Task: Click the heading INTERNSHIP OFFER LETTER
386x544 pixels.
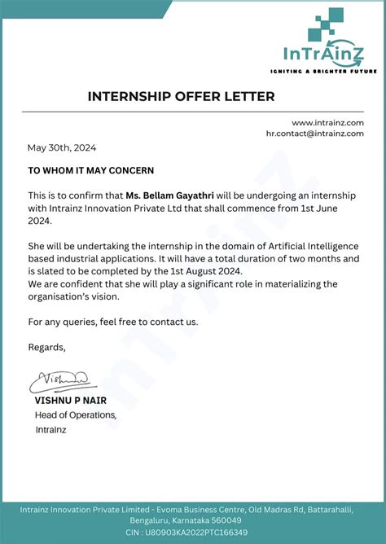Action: coord(181,96)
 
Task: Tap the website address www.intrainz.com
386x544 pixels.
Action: coord(327,122)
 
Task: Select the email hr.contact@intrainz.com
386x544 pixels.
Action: coord(314,133)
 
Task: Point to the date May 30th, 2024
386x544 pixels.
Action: coord(62,147)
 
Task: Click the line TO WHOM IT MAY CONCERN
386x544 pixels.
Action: coord(91,170)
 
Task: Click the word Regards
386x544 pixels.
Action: coord(46,347)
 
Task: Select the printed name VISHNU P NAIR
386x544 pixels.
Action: coord(70,401)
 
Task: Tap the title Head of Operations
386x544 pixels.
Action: coord(75,415)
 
